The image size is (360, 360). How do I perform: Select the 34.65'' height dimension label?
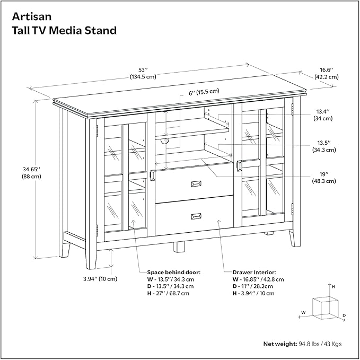click(22, 169)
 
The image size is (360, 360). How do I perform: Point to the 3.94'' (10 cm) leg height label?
click(100, 279)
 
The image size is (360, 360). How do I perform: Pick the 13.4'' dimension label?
click(323, 111)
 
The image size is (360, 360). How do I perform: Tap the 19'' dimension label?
click(323, 173)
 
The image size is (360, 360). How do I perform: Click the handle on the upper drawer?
click(195, 183)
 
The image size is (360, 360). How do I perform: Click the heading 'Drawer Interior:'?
click(255, 271)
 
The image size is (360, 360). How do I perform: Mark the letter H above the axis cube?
click(333, 286)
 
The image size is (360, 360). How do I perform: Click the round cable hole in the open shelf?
click(163, 141)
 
